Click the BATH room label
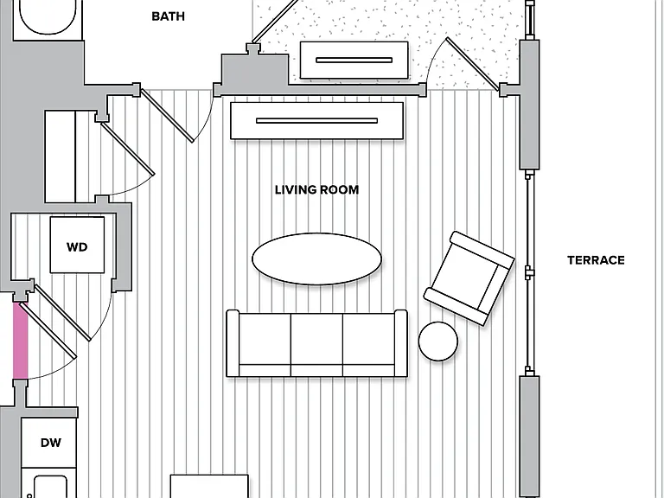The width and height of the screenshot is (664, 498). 168,16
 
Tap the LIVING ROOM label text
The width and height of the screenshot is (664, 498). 316,189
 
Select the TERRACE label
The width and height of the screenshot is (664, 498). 596,260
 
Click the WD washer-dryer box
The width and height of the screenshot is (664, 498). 77,246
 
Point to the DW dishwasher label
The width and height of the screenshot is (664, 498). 51,443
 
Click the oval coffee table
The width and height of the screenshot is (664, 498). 316,259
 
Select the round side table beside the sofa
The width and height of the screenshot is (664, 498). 437,342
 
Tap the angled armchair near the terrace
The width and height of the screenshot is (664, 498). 469,278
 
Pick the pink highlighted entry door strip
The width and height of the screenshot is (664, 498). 21,341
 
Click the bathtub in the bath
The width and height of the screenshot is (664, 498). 48,17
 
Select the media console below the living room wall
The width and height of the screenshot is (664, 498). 316,121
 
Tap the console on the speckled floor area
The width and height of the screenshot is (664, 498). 354,61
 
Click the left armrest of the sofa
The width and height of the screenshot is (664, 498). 233,343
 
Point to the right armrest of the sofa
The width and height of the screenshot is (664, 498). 401,343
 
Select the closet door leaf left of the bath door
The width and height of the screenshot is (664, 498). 128,148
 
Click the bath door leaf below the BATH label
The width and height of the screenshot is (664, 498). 168,116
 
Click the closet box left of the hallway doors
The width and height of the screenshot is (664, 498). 61,156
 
